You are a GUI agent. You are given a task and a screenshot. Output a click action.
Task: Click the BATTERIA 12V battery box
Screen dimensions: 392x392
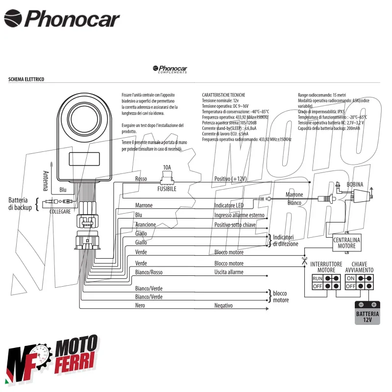(x=367, y=313)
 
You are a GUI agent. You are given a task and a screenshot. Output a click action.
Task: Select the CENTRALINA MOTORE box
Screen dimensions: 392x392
(x=347, y=243)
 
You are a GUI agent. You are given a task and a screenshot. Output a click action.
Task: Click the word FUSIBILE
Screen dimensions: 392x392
(x=167, y=188)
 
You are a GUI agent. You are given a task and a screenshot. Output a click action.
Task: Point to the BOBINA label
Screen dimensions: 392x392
(x=355, y=184)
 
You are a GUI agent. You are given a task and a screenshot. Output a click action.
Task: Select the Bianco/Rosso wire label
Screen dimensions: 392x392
(x=148, y=272)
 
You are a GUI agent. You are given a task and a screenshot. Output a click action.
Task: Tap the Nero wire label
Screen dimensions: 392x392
(x=140, y=305)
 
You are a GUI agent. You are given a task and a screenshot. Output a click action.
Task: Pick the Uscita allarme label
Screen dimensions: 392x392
(x=228, y=272)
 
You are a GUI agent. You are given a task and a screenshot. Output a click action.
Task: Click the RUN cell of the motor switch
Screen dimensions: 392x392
(x=318, y=279)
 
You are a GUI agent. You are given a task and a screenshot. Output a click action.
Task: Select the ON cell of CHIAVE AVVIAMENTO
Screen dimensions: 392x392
(x=351, y=279)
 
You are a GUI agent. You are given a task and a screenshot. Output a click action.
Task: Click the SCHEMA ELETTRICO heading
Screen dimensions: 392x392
(x=26, y=79)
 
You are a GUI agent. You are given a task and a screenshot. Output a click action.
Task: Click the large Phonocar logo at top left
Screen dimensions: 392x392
(x=62, y=19)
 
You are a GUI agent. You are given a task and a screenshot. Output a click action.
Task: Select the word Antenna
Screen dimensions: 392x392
(x=46, y=179)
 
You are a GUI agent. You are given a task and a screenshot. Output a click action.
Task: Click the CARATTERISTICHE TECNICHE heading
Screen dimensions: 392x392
(x=223, y=95)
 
